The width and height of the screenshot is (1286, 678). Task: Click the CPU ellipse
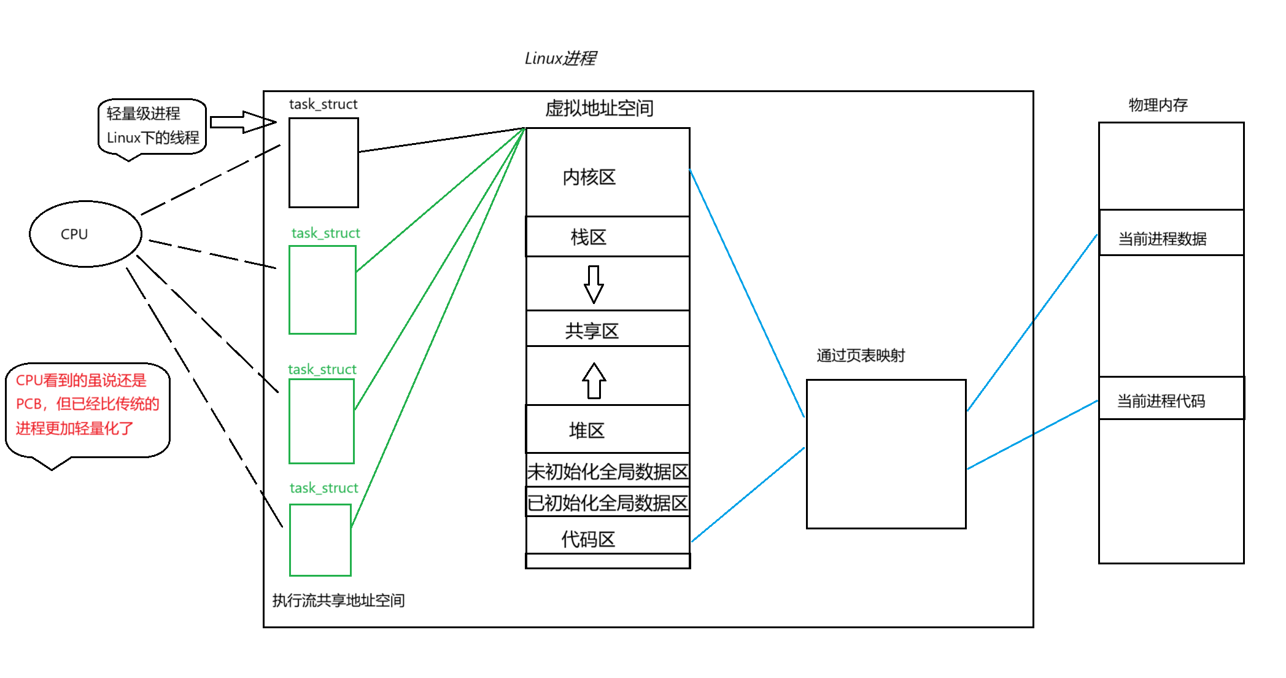pyautogui.click(x=85, y=234)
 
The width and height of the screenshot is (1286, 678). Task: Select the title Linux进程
pyautogui.click(x=560, y=58)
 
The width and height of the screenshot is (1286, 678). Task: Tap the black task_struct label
pyautogui.click(x=323, y=104)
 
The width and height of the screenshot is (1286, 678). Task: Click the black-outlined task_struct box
pyautogui.click(x=323, y=163)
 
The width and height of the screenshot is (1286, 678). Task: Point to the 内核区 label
pyautogui.click(x=589, y=177)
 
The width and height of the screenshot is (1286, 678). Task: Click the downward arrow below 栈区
pyautogui.click(x=594, y=284)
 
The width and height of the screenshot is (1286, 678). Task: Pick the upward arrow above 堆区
pyautogui.click(x=594, y=381)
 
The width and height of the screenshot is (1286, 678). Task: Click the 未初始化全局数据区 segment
pyautogui.click(x=607, y=472)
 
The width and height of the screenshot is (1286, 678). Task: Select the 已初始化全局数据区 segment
pyautogui.click(x=607, y=503)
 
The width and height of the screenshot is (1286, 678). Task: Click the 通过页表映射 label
pyautogui.click(x=860, y=356)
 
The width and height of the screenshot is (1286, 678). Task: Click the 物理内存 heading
pyautogui.click(x=1158, y=105)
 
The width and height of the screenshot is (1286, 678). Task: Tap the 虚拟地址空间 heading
pyautogui.click(x=599, y=109)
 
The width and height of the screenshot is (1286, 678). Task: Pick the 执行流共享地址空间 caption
pyautogui.click(x=338, y=600)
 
